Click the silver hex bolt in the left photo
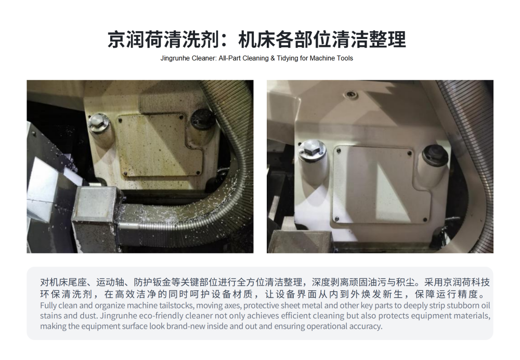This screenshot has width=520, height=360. [x=98, y=123]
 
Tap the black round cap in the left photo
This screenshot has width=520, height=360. [x=202, y=119]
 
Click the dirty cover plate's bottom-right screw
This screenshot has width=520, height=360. [x=198, y=173]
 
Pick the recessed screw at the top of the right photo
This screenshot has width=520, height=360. [x=351, y=95]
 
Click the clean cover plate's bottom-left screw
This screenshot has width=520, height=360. [x=337, y=218]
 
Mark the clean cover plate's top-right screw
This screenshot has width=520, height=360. [x=410, y=153]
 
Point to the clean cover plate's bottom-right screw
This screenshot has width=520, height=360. [x=425, y=220]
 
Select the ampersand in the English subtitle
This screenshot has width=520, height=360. [x=272, y=58]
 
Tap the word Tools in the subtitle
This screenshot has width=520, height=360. [x=345, y=58]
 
